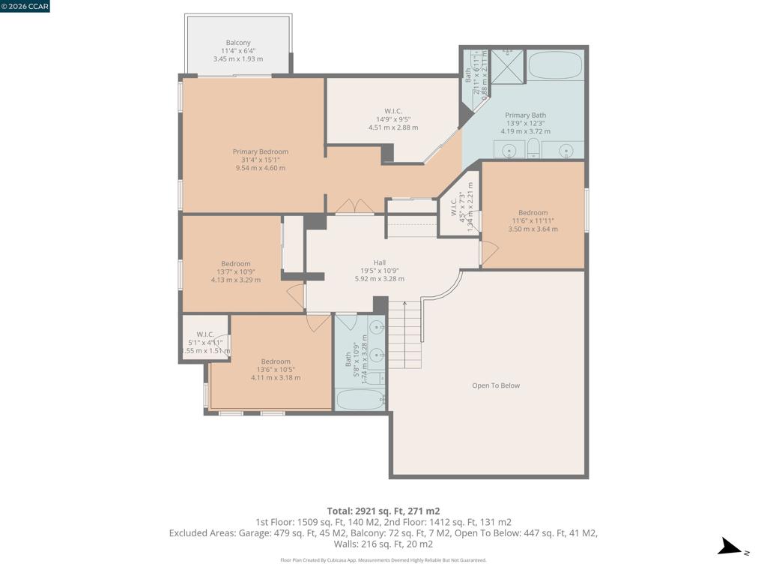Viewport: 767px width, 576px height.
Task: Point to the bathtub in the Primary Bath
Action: tap(556, 65)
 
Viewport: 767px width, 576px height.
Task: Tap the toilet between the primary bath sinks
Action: tap(533, 148)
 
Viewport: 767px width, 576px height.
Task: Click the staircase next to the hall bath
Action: tap(405, 334)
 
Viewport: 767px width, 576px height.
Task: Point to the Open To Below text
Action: tap(495, 385)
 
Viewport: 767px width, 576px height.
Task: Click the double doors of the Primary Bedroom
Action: tap(354, 206)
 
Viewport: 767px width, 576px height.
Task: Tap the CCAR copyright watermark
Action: tap(25, 6)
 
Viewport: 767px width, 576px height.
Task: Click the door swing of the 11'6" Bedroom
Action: tap(488, 253)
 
